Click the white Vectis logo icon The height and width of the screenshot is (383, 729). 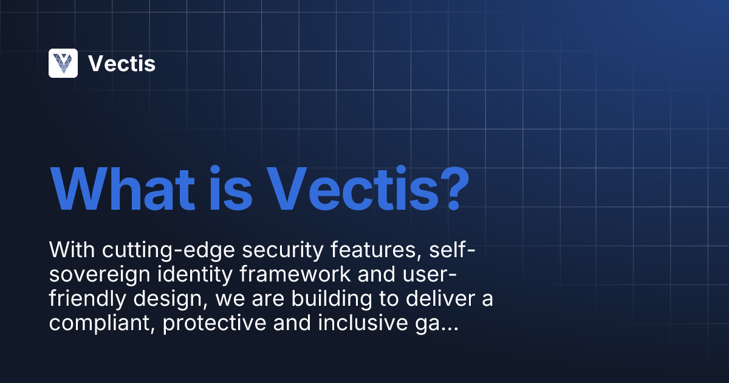pyautogui.click(x=63, y=63)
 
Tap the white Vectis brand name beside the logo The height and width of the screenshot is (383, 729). pyautogui.click(x=122, y=63)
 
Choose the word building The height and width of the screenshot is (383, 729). pyautogui.click(x=335, y=299)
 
